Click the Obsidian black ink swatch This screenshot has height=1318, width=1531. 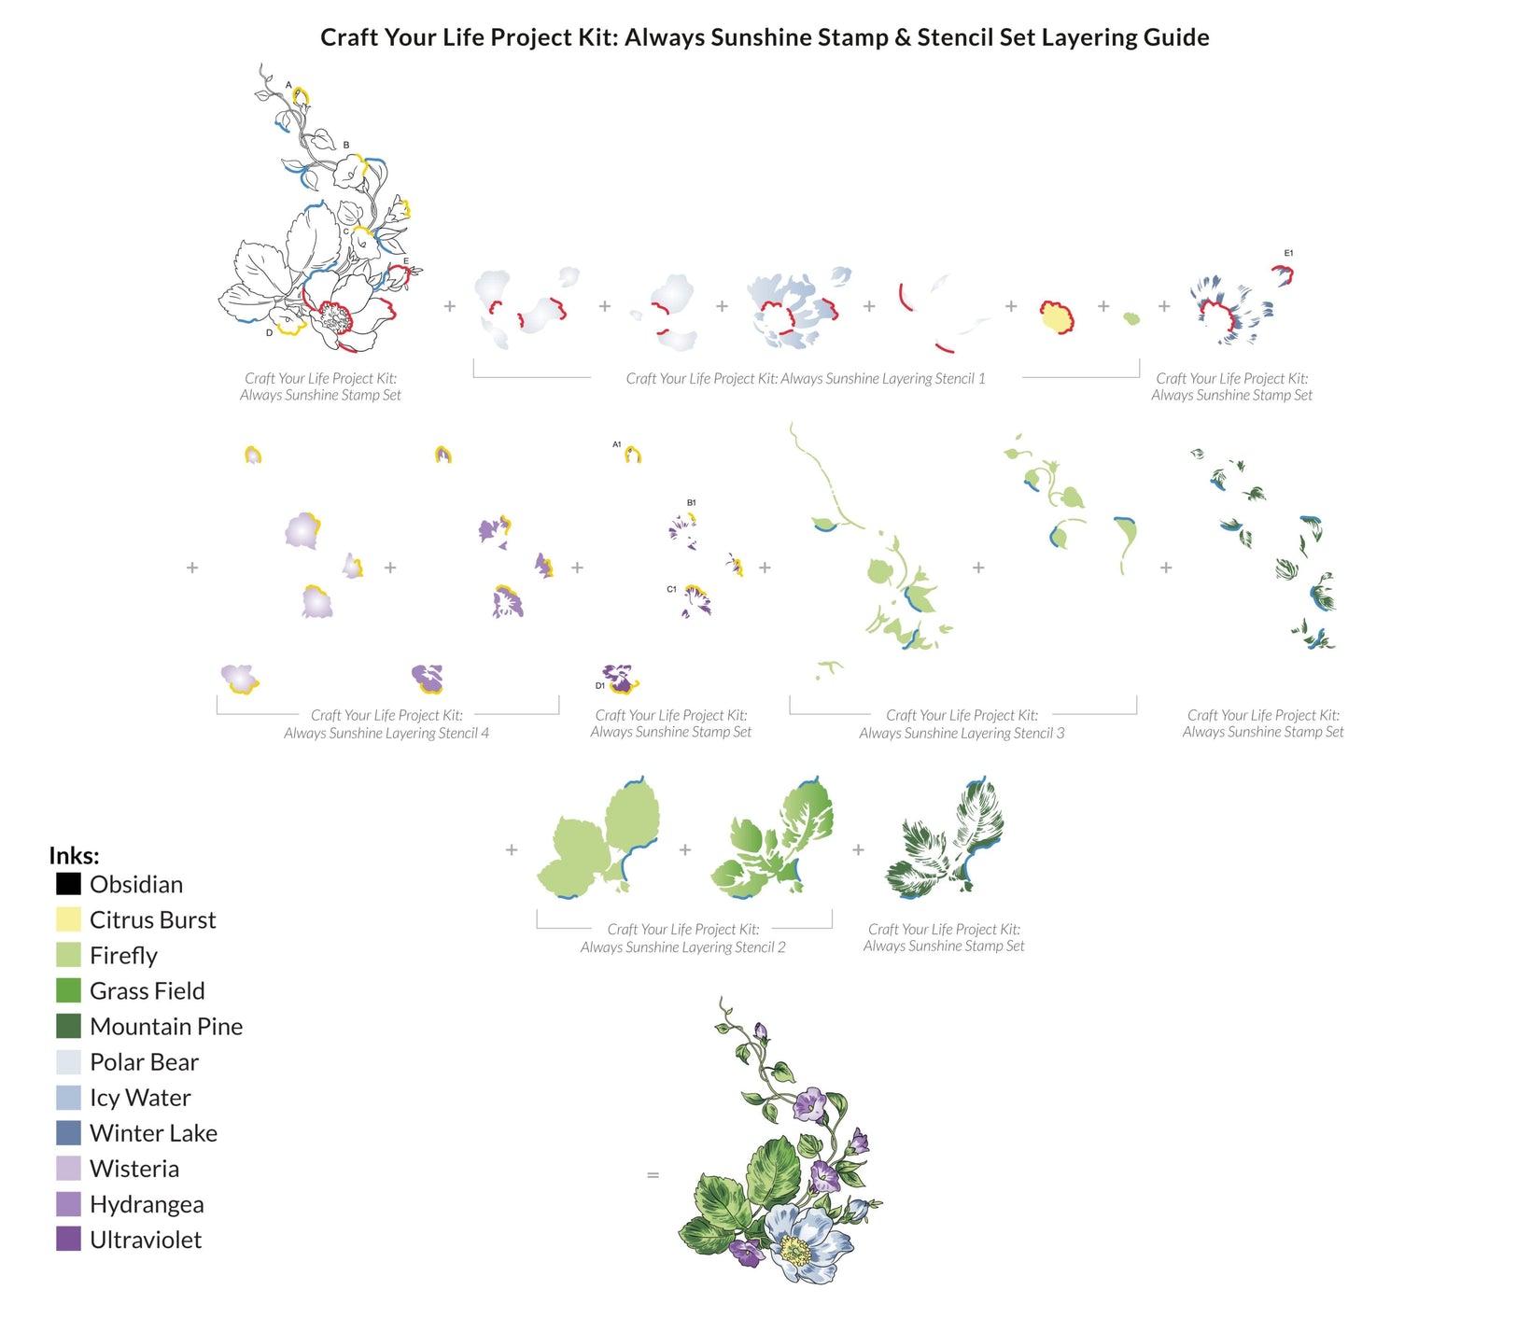[68, 883]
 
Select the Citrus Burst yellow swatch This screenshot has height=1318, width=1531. [68, 918]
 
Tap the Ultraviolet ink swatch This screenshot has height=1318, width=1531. [68, 1239]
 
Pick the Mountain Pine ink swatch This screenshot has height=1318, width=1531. [68, 1026]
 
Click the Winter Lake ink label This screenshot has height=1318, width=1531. [153, 1133]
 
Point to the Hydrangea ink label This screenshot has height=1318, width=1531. [147, 1204]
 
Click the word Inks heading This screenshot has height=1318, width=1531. [74, 855]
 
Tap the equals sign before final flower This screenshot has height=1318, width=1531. [653, 1174]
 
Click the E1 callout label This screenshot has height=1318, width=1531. [1288, 253]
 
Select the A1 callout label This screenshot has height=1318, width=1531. [616, 444]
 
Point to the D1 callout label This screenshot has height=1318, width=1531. [599, 685]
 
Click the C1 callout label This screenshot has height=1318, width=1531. [671, 589]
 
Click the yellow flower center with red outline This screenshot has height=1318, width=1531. [1056, 318]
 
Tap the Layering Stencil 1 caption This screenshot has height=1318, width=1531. [805, 378]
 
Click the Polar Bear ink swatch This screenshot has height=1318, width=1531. [68, 1061]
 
